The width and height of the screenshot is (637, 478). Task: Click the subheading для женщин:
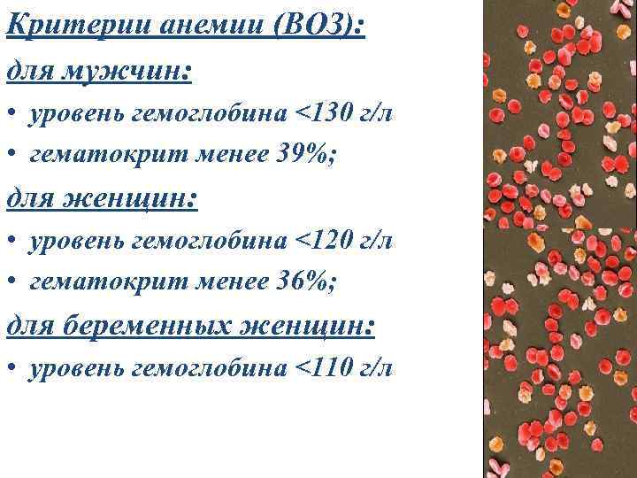click(102, 198)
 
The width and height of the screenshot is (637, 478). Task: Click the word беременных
click(154, 326)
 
